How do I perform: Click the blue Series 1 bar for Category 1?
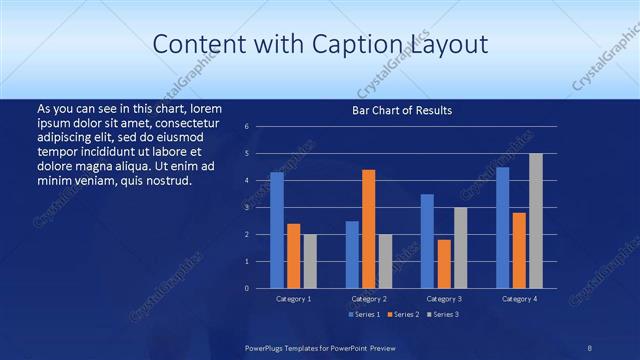tap(277, 230)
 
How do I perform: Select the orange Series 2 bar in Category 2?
tap(368, 229)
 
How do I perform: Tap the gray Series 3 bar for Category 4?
tap(536, 221)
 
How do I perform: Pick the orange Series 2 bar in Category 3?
tap(444, 264)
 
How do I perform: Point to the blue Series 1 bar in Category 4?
tap(502, 227)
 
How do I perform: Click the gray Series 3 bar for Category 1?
tap(310, 261)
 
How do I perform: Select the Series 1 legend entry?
tap(363, 315)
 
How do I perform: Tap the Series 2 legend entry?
tap(403, 315)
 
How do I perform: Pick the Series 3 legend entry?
tap(444, 315)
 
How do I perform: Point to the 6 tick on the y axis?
tap(246, 127)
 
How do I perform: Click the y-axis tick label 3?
tap(246, 207)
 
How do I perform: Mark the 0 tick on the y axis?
tap(246, 288)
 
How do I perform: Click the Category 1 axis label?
tap(293, 299)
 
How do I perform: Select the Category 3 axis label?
tap(444, 299)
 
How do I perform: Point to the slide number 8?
tap(590, 346)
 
